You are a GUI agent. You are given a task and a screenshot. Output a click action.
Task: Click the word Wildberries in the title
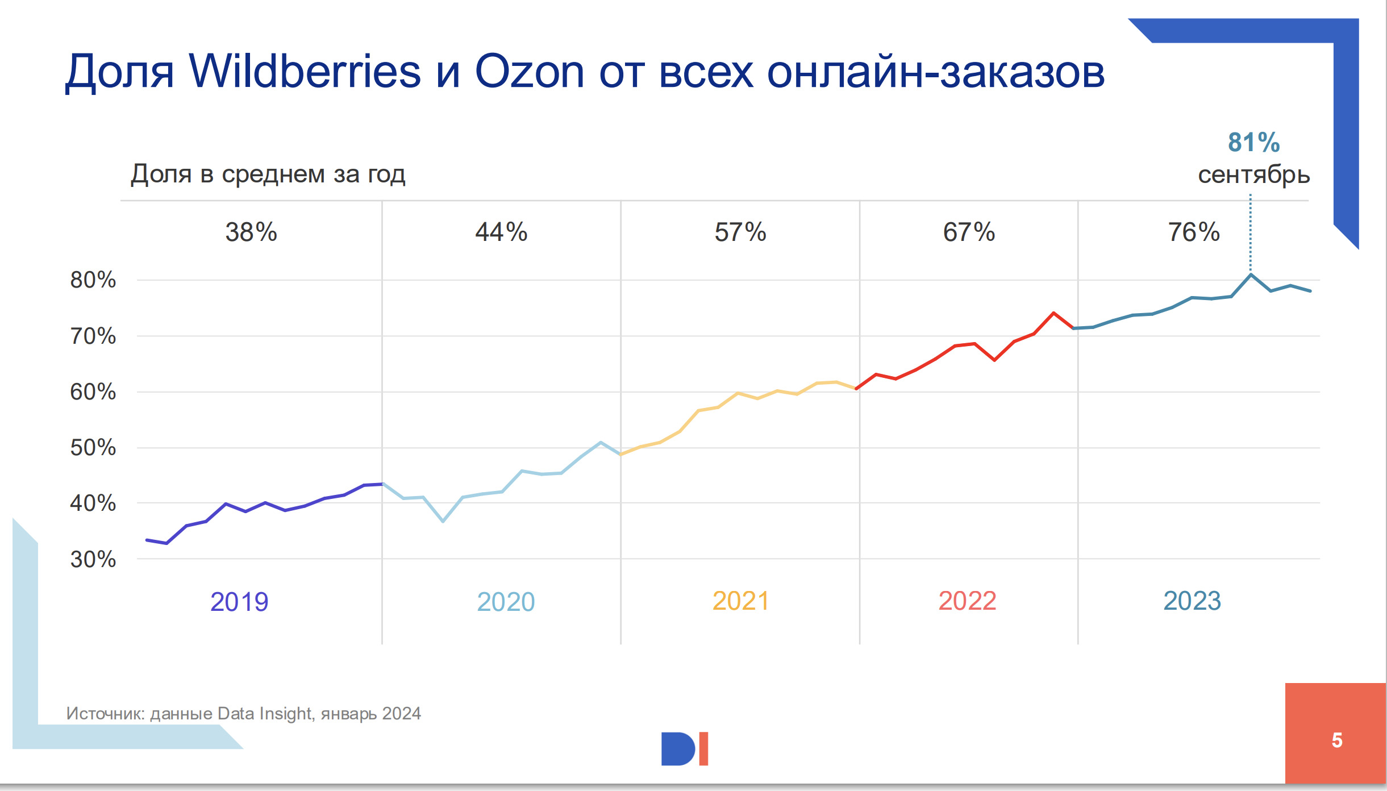tap(305, 72)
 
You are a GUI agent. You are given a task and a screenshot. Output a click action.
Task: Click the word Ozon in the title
tap(529, 72)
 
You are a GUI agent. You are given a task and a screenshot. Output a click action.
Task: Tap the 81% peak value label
tap(1253, 142)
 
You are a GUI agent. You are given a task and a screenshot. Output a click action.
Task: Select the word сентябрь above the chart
tap(1253, 174)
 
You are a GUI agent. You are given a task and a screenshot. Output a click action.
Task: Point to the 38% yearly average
tap(251, 232)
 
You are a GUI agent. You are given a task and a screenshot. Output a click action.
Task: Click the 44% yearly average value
tap(501, 232)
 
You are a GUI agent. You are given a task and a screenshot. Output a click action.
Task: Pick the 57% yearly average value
tap(740, 232)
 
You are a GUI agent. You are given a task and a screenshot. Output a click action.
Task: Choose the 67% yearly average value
tap(969, 232)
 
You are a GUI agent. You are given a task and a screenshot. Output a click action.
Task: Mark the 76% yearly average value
tap(1194, 232)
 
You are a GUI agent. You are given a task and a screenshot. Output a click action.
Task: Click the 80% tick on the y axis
tap(93, 280)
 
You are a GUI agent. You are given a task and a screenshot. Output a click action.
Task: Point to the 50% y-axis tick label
tap(93, 447)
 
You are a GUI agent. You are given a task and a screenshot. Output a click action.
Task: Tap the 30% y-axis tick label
tap(93, 559)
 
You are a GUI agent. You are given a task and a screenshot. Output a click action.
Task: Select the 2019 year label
tap(239, 602)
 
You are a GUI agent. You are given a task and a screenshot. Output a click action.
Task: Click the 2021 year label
tap(740, 601)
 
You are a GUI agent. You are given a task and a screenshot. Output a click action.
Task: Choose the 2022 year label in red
tap(967, 601)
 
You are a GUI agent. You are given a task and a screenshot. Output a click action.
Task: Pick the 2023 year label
tap(1192, 601)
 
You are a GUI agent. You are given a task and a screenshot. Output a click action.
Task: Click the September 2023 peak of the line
tap(1251, 275)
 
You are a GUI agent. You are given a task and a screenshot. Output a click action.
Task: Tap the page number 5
tap(1337, 740)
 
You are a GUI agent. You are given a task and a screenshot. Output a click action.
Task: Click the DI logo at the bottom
tap(685, 748)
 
